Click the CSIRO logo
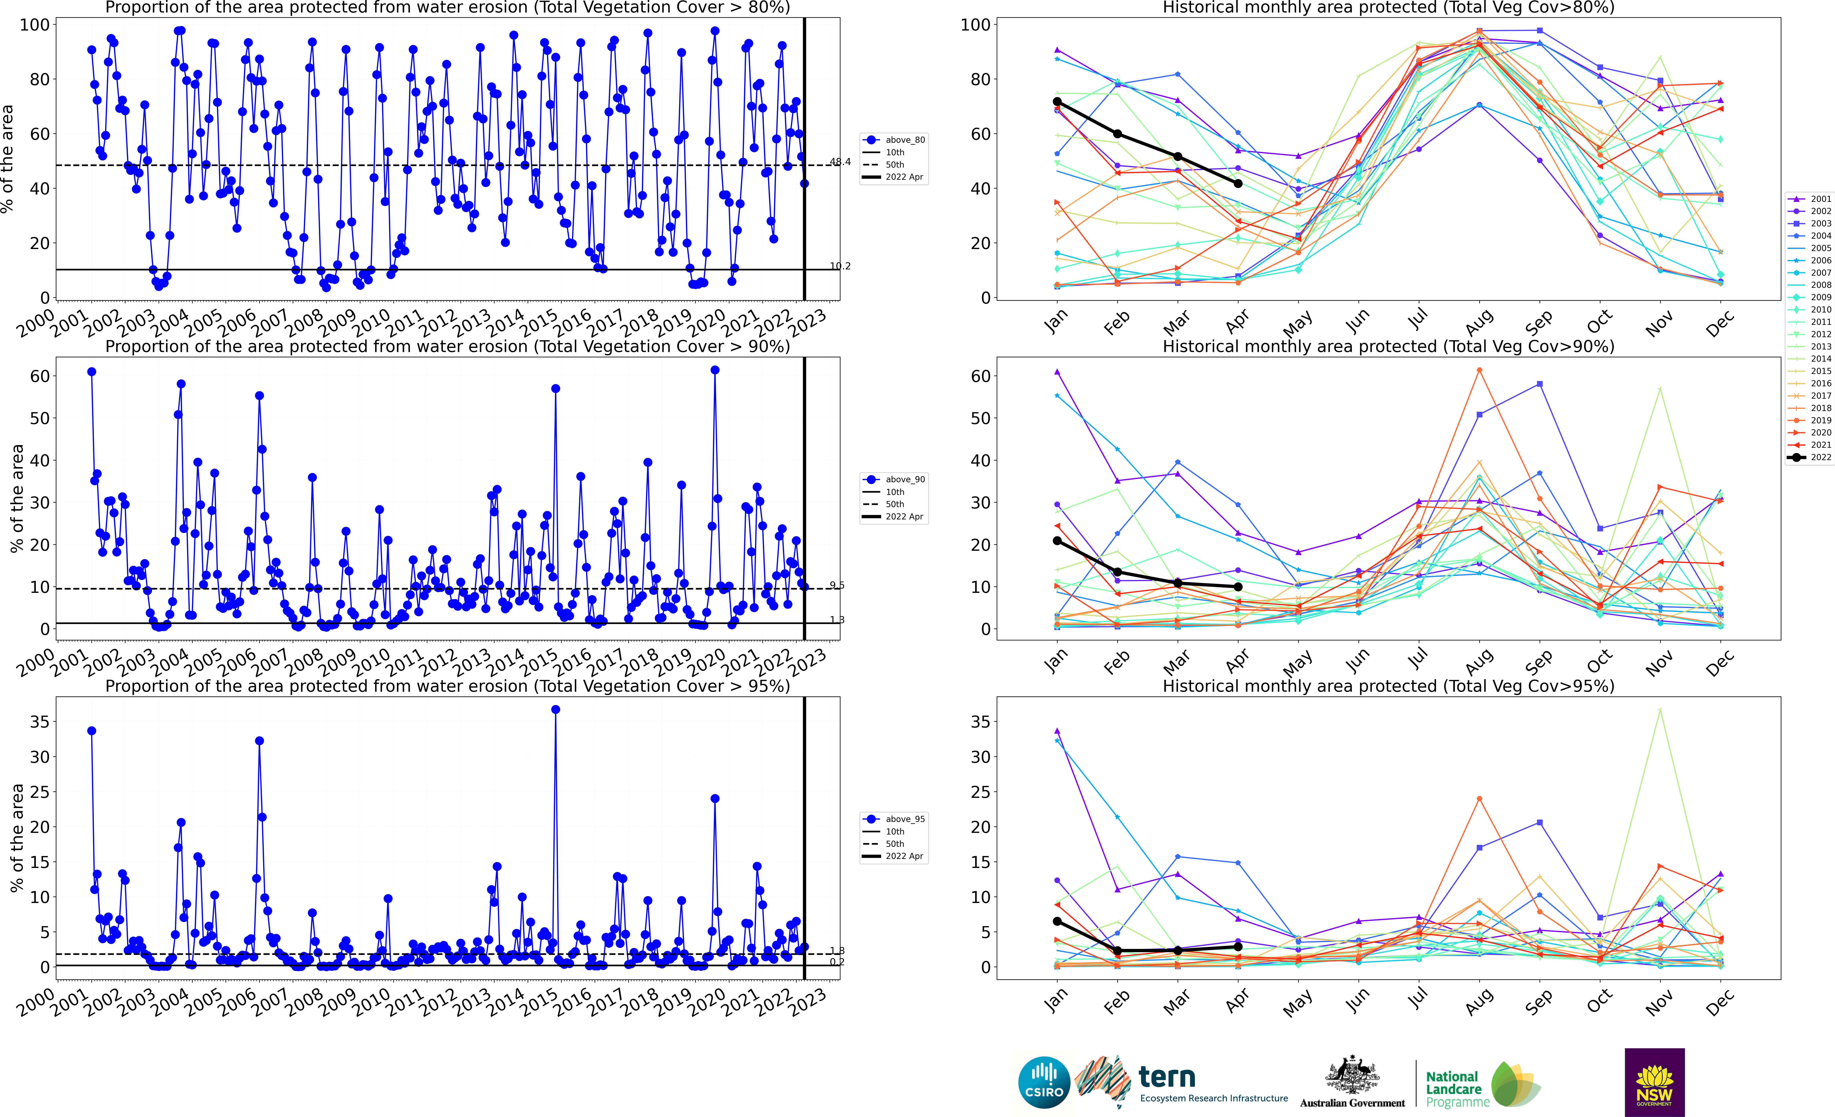click(x=1044, y=1082)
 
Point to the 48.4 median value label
click(x=840, y=162)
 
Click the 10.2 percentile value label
click(x=840, y=266)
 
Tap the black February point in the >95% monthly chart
click(x=1118, y=951)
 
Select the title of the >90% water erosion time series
click(x=448, y=346)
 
